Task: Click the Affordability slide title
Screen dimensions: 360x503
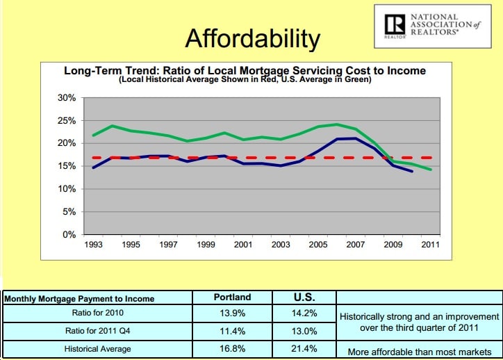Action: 252,38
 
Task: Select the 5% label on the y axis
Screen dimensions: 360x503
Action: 68,212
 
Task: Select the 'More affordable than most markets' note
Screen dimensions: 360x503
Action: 418,351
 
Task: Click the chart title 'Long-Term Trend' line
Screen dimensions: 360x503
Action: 245,71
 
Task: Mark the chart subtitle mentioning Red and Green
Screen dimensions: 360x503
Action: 245,79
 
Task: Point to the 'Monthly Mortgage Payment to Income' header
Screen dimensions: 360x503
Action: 80,299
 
